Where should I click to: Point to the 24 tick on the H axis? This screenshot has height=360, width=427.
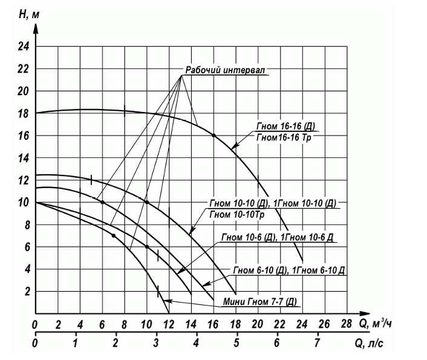(24, 47)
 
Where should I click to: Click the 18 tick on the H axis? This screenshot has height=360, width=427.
(24, 113)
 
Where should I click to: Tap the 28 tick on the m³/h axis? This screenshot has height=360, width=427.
(347, 322)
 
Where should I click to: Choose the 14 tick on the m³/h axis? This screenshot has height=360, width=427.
(191, 322)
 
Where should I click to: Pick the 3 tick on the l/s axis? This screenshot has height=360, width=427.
(156, 343)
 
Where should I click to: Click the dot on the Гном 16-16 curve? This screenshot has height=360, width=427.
(213, 135)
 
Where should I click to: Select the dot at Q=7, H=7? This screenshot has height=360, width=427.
(113, 235)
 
